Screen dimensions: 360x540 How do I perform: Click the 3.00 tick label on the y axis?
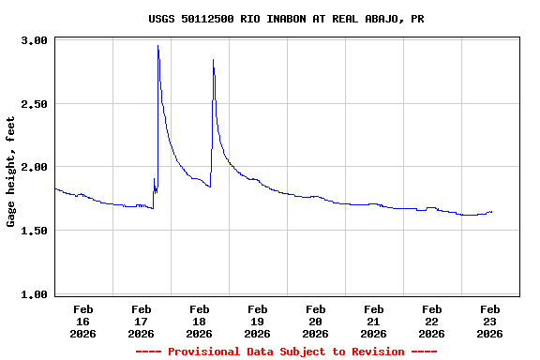34,40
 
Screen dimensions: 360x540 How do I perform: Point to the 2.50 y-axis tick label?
34,104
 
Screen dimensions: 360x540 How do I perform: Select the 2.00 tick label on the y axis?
34,167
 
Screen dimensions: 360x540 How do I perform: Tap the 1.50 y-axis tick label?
34,231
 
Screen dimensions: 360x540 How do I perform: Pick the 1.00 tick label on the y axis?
34,294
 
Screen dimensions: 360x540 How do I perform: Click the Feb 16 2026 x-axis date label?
82,321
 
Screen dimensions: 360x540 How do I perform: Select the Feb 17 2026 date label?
141,321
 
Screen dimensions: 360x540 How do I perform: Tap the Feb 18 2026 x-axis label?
199,321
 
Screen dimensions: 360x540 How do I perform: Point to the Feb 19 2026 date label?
257,321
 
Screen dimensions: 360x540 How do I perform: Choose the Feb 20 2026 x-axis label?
315,321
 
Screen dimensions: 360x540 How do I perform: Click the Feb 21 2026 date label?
373,321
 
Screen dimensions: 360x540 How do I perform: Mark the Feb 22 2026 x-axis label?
431,321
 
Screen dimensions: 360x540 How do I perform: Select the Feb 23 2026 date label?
489,321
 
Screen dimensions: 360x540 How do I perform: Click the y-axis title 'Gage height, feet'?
11,172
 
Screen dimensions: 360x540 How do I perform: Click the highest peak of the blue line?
157,46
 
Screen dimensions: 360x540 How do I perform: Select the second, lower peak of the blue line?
214,60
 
